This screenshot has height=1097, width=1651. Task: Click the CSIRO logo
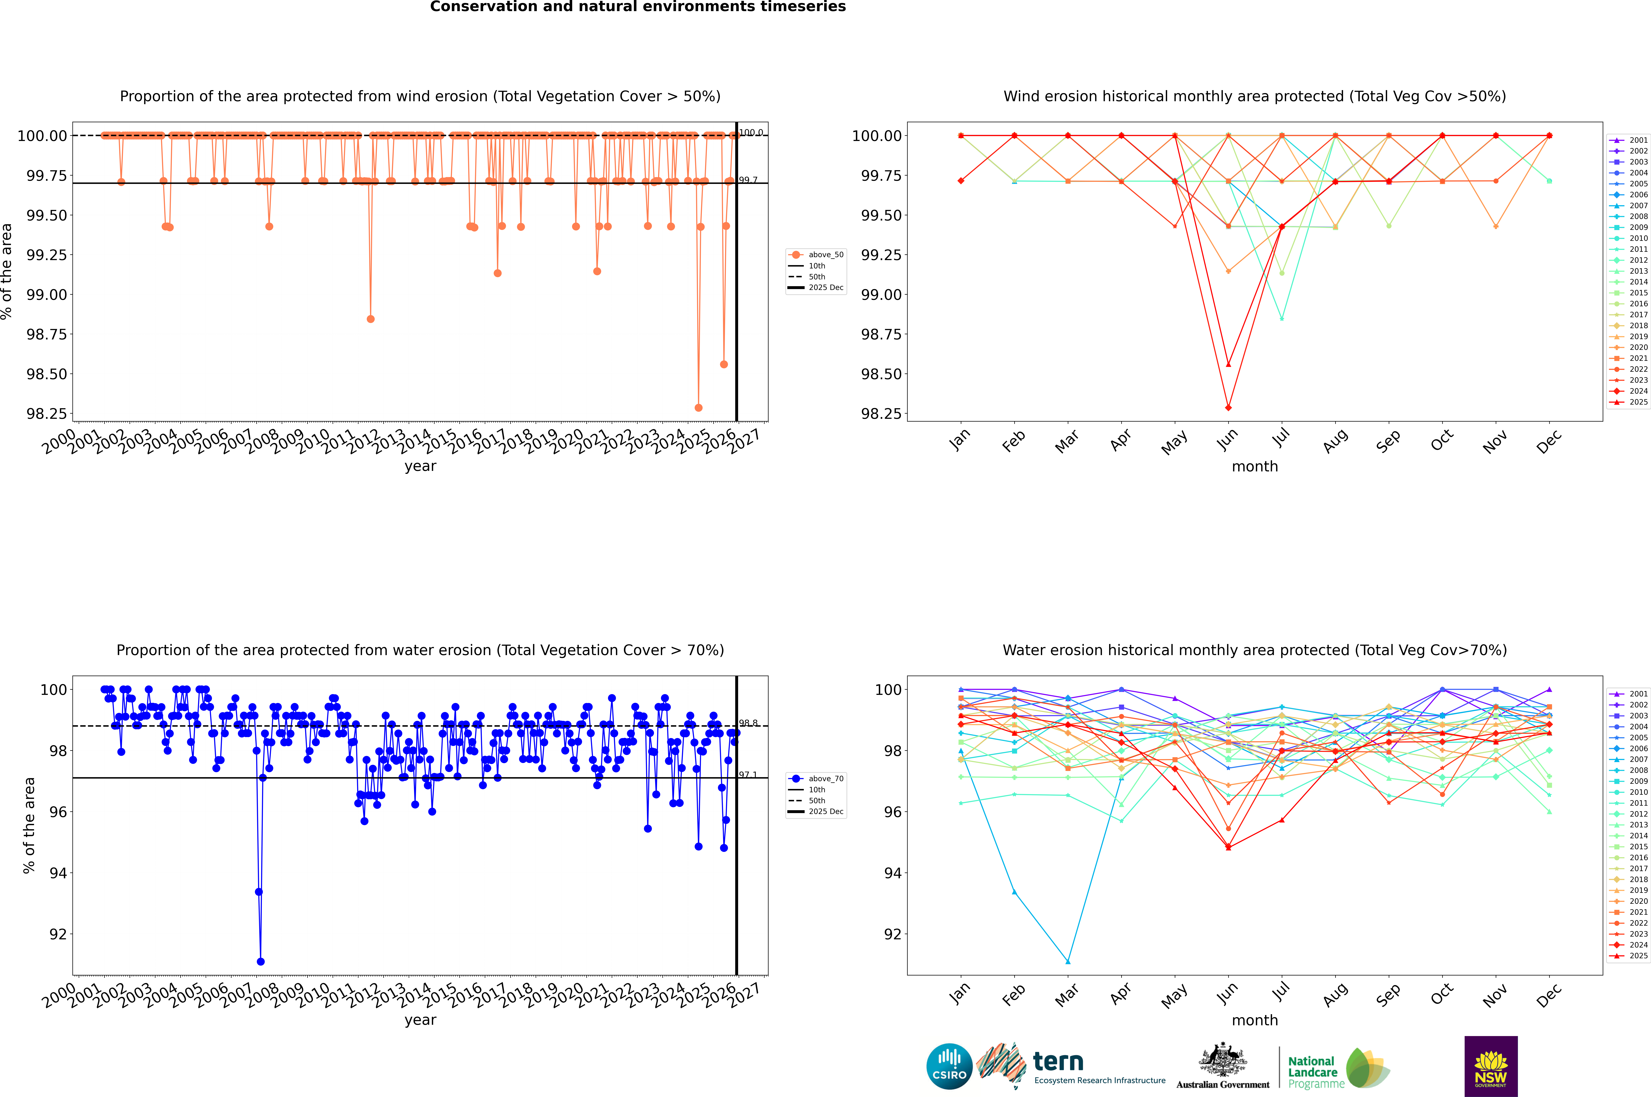click(949, 1066)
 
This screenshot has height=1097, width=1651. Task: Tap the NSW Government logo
click(1491, 1066)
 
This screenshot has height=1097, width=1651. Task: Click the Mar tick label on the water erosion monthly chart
click(1067, 995)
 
